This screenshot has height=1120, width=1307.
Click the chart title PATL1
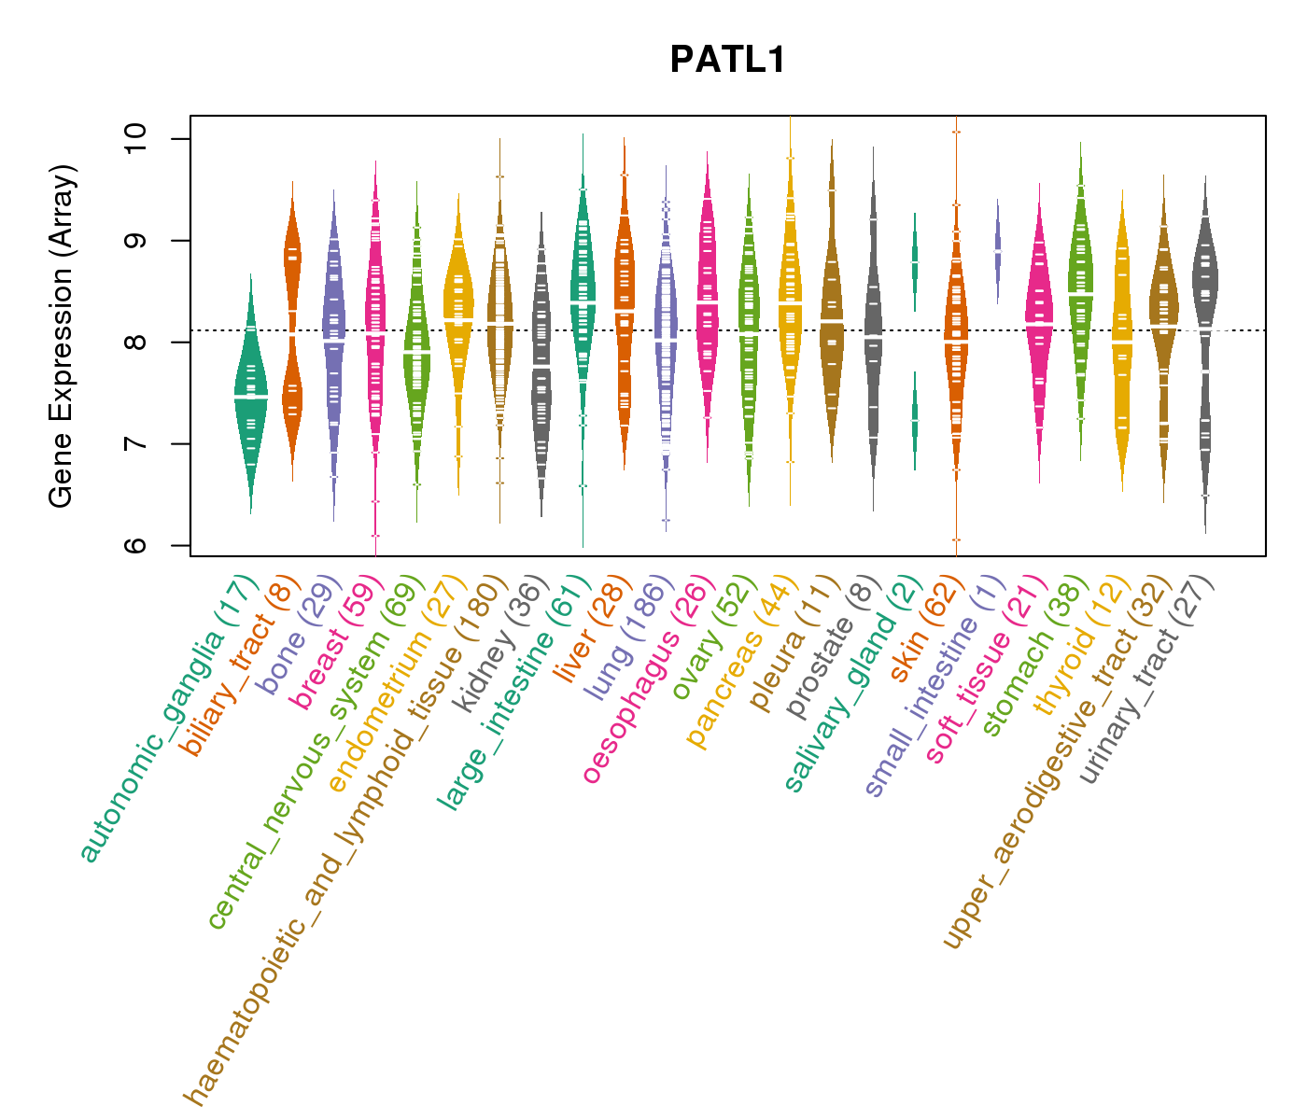point(728,61)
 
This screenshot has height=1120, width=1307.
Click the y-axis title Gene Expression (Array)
point(62,336)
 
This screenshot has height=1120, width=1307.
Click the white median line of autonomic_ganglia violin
point(250,397)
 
